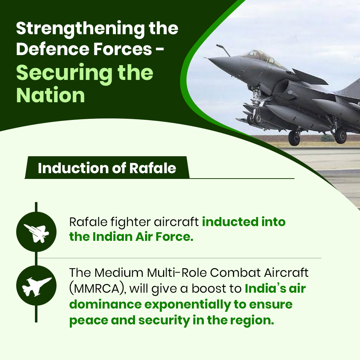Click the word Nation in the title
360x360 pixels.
coord(50,95)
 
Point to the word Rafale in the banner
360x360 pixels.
coord(153,168)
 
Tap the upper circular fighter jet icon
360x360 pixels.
coord(36,232)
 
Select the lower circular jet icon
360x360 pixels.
coord(36,285)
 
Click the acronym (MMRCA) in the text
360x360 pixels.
coord(98,289)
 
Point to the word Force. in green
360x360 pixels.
coord(174,237)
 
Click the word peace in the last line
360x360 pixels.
coord(89,321)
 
